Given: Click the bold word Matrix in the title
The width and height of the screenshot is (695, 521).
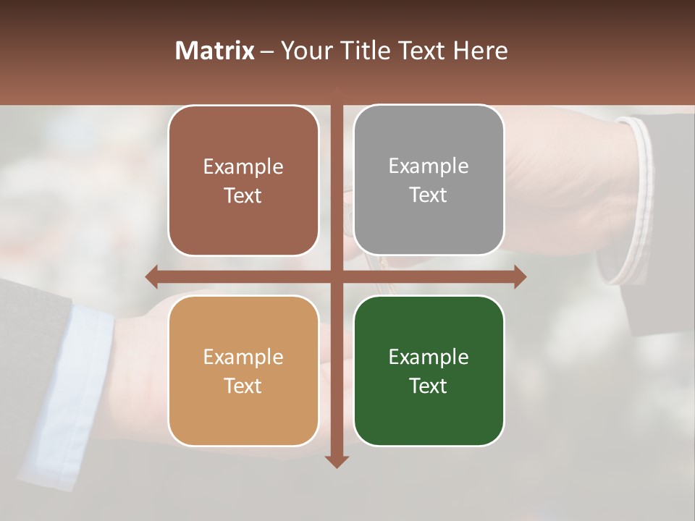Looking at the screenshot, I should click(x=215, y=51).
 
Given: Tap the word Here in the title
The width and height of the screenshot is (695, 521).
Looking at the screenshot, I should click(x=480, y=51).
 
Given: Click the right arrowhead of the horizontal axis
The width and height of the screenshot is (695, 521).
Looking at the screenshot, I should click(x=520, y=276).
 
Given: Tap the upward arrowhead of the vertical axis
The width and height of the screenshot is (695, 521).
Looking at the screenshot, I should click(x=337, y=93).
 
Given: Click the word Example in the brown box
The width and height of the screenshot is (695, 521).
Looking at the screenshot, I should click(x=243, y=167).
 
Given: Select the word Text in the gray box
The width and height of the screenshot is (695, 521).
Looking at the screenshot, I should click(x=429, y=195).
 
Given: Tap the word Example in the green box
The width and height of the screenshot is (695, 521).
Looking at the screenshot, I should click(x=429, y=357).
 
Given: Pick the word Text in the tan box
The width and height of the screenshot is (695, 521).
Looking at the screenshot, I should click(x=243, y=386).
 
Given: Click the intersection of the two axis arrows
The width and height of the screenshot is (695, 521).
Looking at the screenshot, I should click(x=337, y=276).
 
